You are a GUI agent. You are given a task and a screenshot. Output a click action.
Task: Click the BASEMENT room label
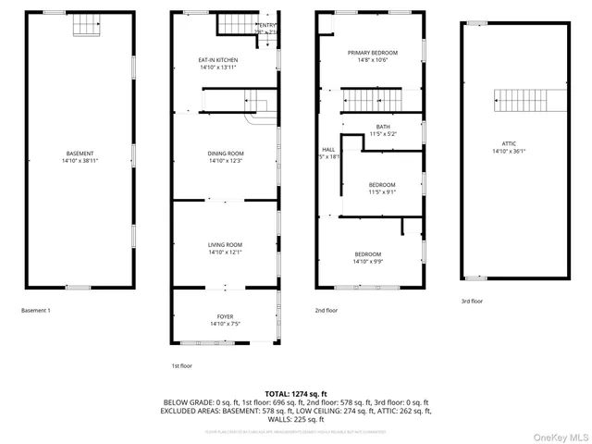pos(79,153)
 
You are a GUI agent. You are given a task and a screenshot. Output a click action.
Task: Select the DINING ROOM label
pos(226,154)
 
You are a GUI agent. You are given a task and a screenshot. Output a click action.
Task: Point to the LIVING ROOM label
pos(226,244)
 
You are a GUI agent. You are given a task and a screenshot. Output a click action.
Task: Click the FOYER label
pos(226,316)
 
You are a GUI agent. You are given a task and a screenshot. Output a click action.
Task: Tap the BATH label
pos(382,127)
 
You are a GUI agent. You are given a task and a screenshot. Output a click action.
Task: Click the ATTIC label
pos(509,143)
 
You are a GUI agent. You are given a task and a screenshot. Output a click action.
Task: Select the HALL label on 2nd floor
pos(328,149)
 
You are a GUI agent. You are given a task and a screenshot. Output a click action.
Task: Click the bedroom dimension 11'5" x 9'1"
pos(382,192)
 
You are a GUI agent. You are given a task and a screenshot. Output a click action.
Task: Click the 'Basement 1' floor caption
pos(36,310)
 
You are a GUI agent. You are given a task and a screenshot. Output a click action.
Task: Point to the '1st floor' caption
pos(180,365)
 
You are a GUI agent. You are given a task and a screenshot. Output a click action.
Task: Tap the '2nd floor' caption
pos(326,310)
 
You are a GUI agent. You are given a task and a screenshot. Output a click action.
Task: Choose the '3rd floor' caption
pos(472,301)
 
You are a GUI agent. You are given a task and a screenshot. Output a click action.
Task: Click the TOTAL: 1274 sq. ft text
pos(296,393)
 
